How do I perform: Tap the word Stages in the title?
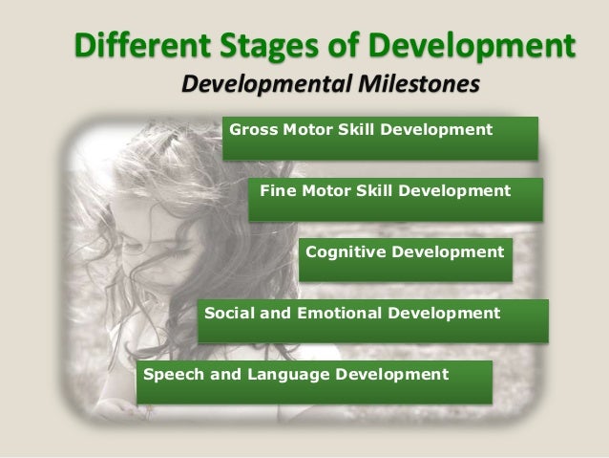tap(236, 45)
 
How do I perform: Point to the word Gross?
tap(251, 128)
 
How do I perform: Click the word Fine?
tap(277, 190)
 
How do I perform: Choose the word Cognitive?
tap(343, 252)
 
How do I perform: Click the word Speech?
tap(168, 373)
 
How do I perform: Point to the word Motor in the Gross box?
tap(299, 128)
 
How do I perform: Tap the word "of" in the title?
tap(325, 45)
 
